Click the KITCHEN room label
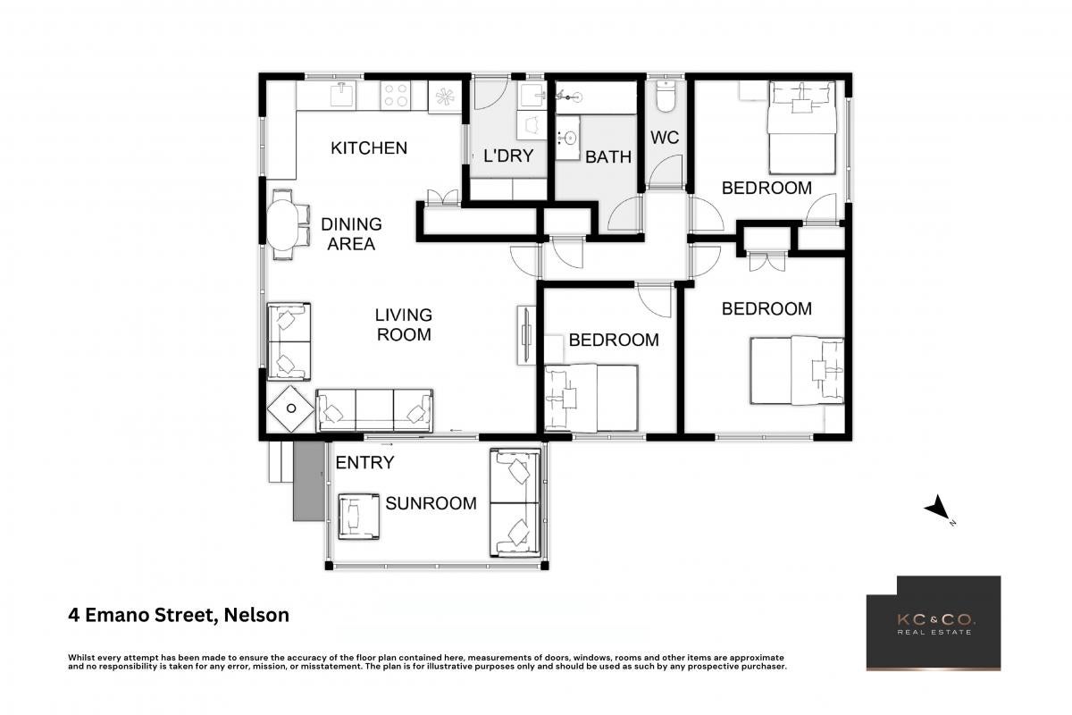pos(369,148)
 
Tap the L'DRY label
pos(508,156)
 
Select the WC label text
pos(665,138)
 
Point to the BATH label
pos(608,156)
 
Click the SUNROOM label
pos(431,503)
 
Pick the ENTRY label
pos(364,463)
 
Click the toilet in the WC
pos(666,97)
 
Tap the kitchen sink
pos(343,94)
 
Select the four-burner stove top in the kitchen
pos(395,95)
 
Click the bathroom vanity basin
pos(568,138)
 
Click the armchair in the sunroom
pos(359,517)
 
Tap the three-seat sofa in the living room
pos(374,410)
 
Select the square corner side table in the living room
pos(290,408)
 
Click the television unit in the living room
pos(526,335)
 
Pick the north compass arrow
pos(937,508)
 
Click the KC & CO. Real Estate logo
pos(934,623)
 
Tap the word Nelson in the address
pos(256,615)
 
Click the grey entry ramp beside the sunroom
pos(309,481)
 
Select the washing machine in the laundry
pos(532,124)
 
